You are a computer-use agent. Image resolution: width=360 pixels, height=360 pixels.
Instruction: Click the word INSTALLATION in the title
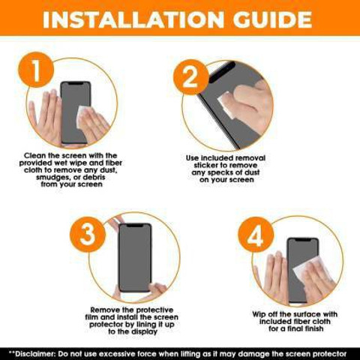tap(133, 19)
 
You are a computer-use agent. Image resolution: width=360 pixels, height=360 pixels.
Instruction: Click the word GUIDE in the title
tap(272, 19)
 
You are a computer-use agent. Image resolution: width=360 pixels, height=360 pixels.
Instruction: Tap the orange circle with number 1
tap(36, 70)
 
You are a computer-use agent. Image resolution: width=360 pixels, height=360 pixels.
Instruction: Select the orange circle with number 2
tap(190, 77)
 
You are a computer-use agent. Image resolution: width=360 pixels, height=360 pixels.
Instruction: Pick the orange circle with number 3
tap(88, 235)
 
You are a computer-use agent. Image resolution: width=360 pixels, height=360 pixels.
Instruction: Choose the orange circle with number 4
tap(256, 235)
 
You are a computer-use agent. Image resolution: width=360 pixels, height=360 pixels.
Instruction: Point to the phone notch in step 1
tap(76, 83)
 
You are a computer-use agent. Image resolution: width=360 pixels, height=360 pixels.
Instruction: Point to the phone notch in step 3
tap(135, 226)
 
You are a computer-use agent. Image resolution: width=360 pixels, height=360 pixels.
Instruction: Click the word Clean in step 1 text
tap(35, 155)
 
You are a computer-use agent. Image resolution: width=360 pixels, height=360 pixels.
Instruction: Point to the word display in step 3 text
tap(144, 331)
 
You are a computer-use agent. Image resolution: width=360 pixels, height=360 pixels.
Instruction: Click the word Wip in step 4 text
tap(259, 314)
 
